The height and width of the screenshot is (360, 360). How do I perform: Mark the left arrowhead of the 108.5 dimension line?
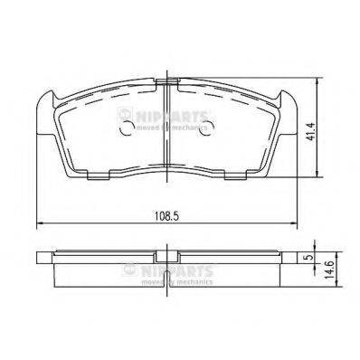(x=38, y=226)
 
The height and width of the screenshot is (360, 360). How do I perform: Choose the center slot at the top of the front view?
(x=166, y=84)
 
